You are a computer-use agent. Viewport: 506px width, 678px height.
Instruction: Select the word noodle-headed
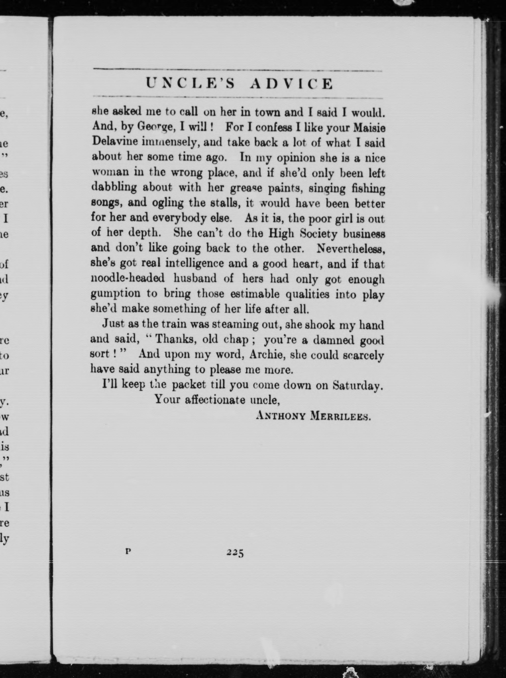click(128, 278)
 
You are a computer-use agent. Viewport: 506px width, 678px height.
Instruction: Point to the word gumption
click(115, 294)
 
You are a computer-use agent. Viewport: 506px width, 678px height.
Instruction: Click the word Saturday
click(357, 385)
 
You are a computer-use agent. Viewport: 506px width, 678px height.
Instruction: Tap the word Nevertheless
click(351, 248)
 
